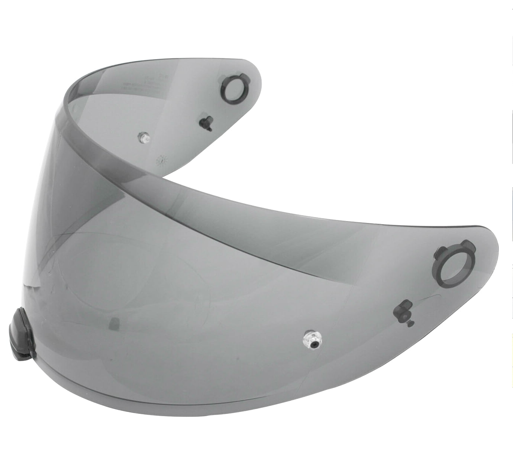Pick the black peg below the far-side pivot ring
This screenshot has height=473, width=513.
click(x=206, y=121)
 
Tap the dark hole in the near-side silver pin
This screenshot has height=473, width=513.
click(x=314, y=344)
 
